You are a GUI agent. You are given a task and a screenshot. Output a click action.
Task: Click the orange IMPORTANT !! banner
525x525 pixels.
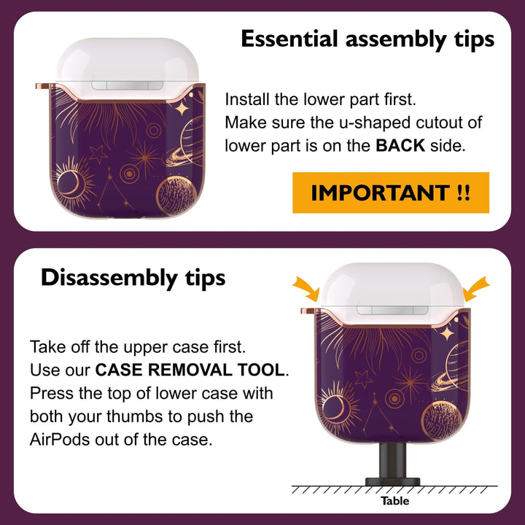pyautogui.click(x=391, y=192)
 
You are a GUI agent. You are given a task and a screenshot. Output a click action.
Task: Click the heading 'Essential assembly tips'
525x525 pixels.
pyautogui.click(x=367, y=39)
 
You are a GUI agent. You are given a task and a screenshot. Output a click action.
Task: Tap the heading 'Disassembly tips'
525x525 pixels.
pyautogui.click(x=133, y=278)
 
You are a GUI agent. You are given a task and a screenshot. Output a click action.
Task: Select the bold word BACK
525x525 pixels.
pyautogui.click(x=400, y=146)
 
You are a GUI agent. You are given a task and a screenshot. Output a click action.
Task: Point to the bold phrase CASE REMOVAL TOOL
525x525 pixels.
pyautogui.click(x=190, y=370)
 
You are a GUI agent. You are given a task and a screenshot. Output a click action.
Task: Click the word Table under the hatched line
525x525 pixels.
pyautogui.click(x=394, y=501)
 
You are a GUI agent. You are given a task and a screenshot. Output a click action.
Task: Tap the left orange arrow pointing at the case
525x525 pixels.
pyautogui.click(x=306, y=288)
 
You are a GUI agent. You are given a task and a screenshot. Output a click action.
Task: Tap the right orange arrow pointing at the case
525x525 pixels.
pyautogui.click(x=476, y=288)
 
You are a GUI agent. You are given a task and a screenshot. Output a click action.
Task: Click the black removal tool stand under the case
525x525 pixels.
pyautogui.click(x=392, y=464)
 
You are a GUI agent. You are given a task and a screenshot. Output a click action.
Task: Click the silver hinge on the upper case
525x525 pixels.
pyautogui.click(x=127, y=85)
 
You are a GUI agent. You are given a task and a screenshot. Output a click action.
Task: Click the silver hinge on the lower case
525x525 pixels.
pyautogui.click(x=392, y=310)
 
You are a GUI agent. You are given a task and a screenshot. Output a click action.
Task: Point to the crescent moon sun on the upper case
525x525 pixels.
pyautogui.click(x=71, y=183)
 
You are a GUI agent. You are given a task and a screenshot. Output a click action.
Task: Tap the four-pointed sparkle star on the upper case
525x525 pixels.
pyautogui.click(x=182, y=109)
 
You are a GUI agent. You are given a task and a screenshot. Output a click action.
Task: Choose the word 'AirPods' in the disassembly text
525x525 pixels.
pyautogui.click(x=60, y=440)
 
